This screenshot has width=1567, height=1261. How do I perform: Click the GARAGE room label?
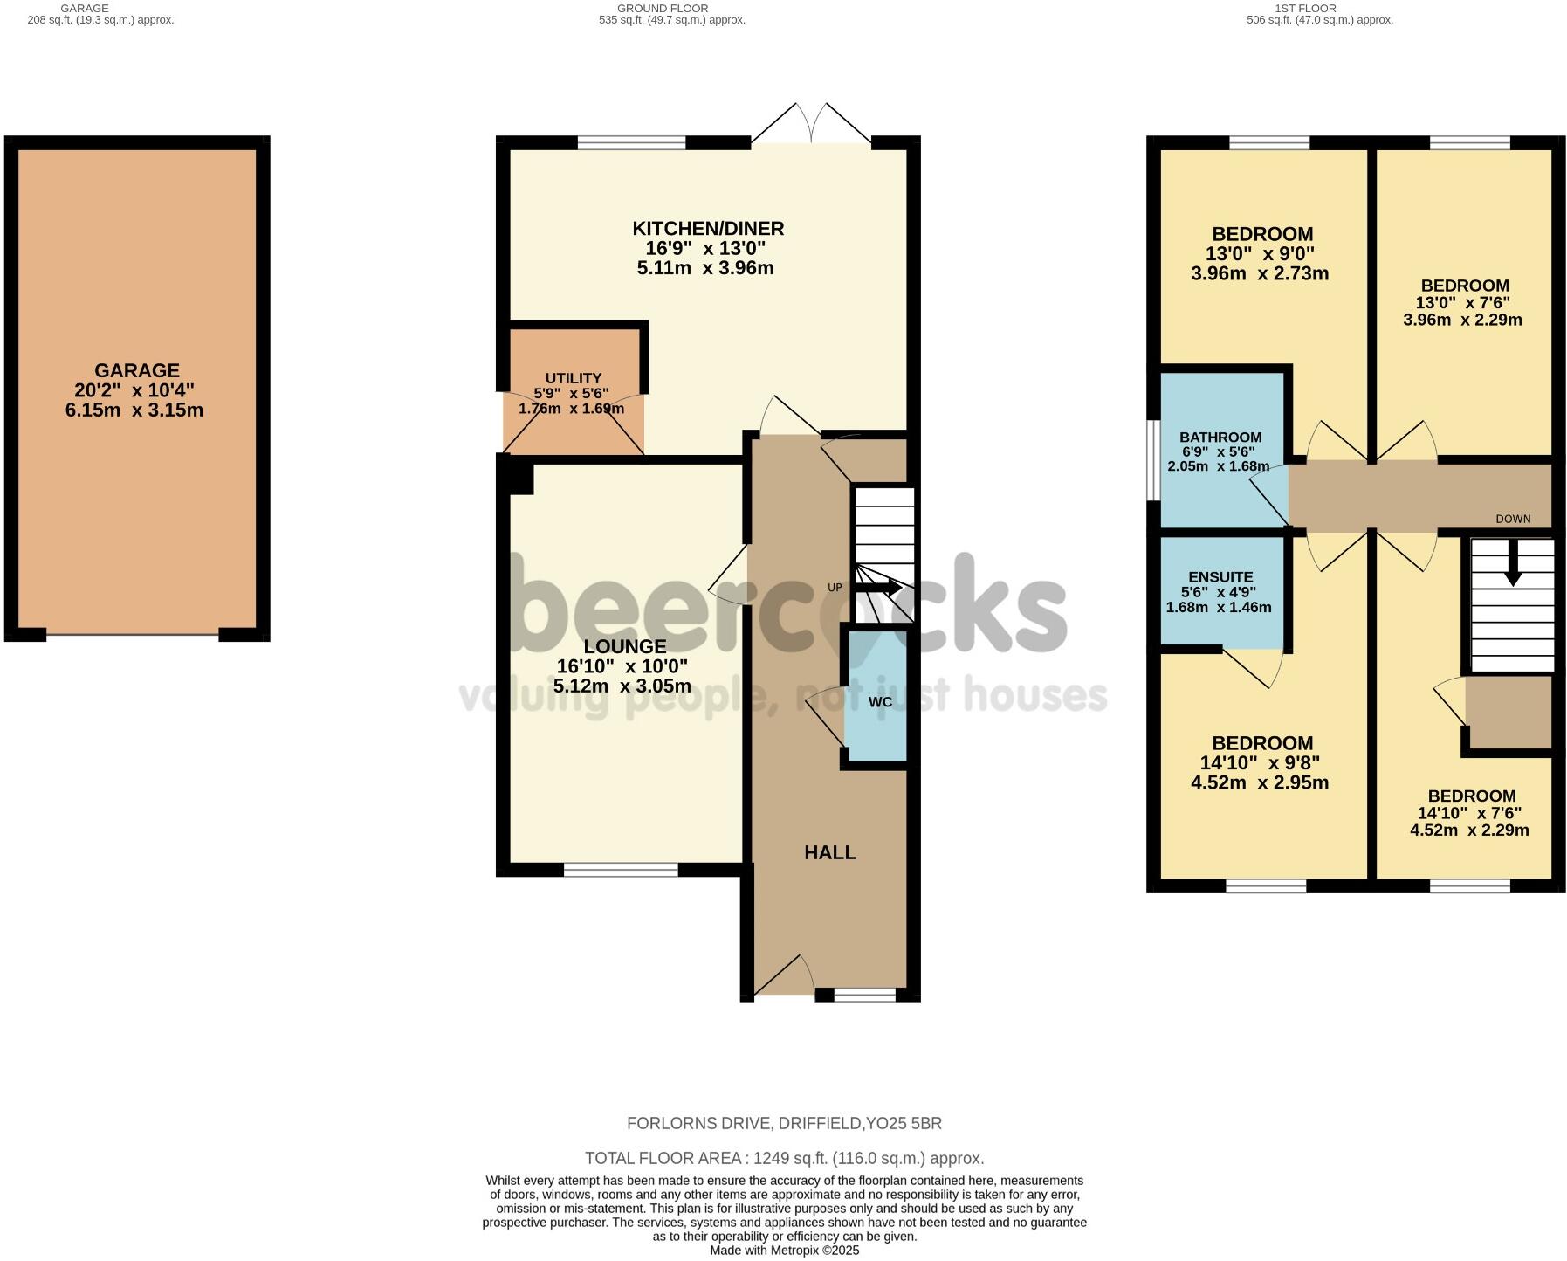(137, 370)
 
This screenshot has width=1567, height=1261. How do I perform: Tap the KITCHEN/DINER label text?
(708, 229)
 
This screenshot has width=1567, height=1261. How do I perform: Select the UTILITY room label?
(573, 378)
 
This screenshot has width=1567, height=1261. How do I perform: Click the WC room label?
(880, 702)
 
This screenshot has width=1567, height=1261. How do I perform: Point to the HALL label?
(829, 852)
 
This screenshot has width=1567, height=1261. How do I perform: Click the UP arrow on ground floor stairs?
(883, 589)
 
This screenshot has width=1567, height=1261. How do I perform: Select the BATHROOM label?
(1220, 438)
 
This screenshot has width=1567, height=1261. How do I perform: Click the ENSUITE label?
(1220, 577)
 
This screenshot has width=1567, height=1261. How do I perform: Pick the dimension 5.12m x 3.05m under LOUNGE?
(622, 686)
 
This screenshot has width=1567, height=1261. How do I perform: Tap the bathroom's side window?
(1152, 461)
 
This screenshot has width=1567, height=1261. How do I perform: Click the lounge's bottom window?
(621, 869)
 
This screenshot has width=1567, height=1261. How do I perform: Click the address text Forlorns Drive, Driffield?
(783, 1123)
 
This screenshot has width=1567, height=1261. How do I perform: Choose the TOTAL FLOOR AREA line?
(783, 1158)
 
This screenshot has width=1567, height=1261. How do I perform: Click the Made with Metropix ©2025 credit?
(783, 1251)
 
